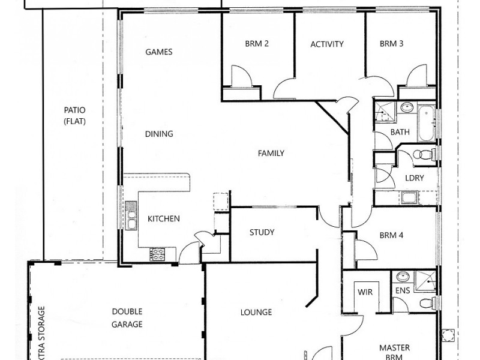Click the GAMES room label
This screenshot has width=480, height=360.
(159, 52)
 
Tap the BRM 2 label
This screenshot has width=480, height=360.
(256, 44)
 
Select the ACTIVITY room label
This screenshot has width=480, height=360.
(327, 44)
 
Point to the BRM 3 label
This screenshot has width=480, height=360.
(391, 44)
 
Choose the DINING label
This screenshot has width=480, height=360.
(159, 134)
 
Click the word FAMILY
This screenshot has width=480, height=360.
(271, 153)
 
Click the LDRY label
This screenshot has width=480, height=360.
(414, 178)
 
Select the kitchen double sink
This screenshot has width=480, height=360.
(131, 218)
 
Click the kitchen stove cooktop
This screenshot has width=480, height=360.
(158, 255)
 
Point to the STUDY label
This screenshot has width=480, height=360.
(262, 232)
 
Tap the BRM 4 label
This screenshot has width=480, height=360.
(391, 235)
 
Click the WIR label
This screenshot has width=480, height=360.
(365, 293)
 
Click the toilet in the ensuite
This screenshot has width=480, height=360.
(427, 302)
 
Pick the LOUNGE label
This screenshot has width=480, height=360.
(256, 312)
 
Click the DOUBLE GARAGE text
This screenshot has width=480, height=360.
(127, 318)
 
